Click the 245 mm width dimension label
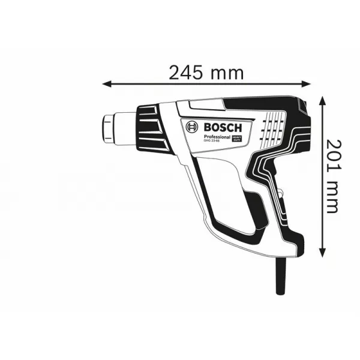[206, 73]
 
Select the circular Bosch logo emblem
[192, 127]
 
